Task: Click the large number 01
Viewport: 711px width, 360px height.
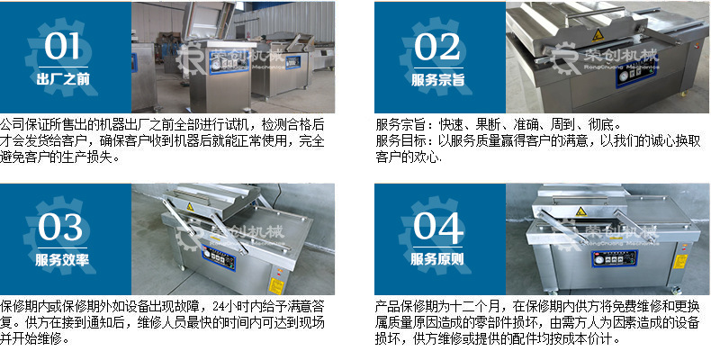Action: click(x=62, y=47)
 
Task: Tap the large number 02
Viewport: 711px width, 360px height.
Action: click(x=437, y=47)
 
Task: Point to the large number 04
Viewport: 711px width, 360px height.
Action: click(x=437, y=227)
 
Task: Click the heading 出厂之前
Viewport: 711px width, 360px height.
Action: click(x=63, y=79)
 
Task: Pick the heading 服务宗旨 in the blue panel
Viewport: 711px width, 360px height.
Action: click(x=438, y=79)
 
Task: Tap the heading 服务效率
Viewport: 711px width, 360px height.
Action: click(x=62, y=259)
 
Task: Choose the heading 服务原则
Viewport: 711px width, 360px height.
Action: click(x=437, y=259)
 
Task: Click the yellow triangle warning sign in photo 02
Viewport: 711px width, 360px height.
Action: click(x=598, y=34)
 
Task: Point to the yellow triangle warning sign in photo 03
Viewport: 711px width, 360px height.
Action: click(x=190, y=207)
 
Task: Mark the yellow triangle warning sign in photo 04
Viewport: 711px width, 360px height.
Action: click(x=580, y=211)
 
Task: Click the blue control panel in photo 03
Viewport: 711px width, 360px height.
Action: click(x=219, y=258)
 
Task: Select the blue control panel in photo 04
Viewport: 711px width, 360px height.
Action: click(x=614, y=258)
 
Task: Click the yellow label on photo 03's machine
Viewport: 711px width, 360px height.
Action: click(x=276, y=285)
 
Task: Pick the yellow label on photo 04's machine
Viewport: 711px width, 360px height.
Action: click(x=679, y=262)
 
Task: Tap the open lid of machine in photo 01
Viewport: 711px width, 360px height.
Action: click(x=208, y=21)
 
